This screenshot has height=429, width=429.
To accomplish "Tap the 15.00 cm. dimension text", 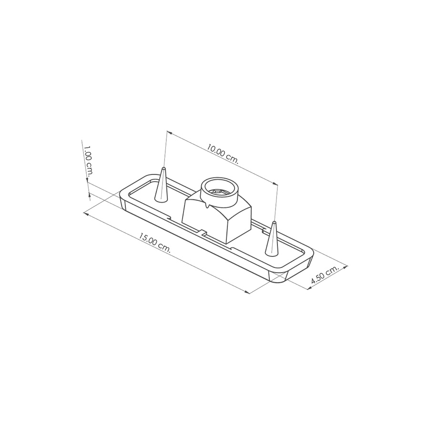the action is coord(154,243).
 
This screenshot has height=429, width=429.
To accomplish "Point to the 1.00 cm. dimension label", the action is coord(89,161).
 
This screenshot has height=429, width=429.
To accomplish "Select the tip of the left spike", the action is coord(163,167).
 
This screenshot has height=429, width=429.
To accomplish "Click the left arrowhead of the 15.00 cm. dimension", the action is coord(85,213).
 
